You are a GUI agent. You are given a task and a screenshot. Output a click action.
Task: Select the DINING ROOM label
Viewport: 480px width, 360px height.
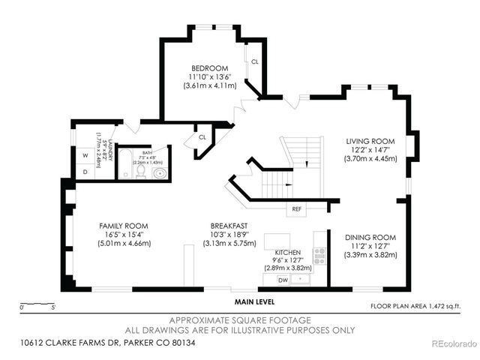(370, 238)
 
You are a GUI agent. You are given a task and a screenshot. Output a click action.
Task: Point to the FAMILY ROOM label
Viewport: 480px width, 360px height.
(124, 225)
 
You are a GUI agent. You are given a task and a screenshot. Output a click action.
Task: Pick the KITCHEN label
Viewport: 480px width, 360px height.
(288, 251)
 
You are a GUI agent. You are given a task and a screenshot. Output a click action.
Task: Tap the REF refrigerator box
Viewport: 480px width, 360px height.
(296, 208)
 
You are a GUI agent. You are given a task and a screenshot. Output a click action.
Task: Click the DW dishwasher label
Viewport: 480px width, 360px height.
(283, 279)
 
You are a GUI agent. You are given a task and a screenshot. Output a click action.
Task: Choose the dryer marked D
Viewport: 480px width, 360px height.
(85, 172)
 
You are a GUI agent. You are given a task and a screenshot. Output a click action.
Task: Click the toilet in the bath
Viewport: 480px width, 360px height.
(142, 172)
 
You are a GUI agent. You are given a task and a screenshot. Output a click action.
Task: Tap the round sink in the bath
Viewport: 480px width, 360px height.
(160, 172)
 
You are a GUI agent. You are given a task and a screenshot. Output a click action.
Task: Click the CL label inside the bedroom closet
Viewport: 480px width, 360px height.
(255, 61)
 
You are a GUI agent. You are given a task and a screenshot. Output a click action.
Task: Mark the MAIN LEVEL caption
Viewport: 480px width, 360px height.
(253, 301)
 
